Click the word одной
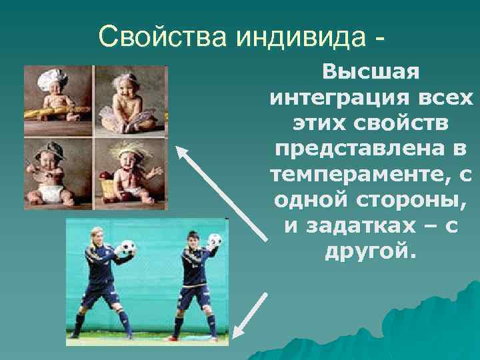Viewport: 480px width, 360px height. [311, 201]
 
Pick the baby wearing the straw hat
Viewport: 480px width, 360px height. [130, 170]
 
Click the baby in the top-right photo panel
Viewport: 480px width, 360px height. [130, 100]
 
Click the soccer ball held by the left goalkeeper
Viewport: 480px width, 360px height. [125, 249]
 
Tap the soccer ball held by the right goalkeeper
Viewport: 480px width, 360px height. [215, 241]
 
